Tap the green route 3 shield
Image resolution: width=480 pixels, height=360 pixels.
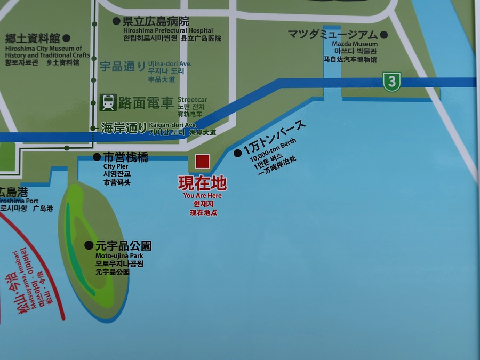click(x=392, y=82)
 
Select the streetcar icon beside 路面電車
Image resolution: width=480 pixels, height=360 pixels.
click(x=108, y=102)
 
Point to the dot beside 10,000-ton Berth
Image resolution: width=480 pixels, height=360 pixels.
click(x=237, y=153)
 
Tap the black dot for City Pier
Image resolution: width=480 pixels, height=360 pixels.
click(x=97, y=157)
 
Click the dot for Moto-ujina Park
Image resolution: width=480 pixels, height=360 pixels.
click(x=89, y=245)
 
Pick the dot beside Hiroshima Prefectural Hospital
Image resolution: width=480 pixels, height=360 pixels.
click(x=116, y=21)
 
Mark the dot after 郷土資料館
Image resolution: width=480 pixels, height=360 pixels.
click(x=67, y=38)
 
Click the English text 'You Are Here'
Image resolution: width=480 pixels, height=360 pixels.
click(x=202, y=196)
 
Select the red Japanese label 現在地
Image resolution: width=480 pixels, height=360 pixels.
click(x=202, y=183)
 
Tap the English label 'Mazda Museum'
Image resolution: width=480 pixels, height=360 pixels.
click(x=355, y=44)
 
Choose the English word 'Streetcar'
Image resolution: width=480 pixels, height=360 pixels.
click(x=193, y=100)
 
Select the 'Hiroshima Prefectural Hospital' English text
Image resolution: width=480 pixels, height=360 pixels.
click(x=168, y=31)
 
